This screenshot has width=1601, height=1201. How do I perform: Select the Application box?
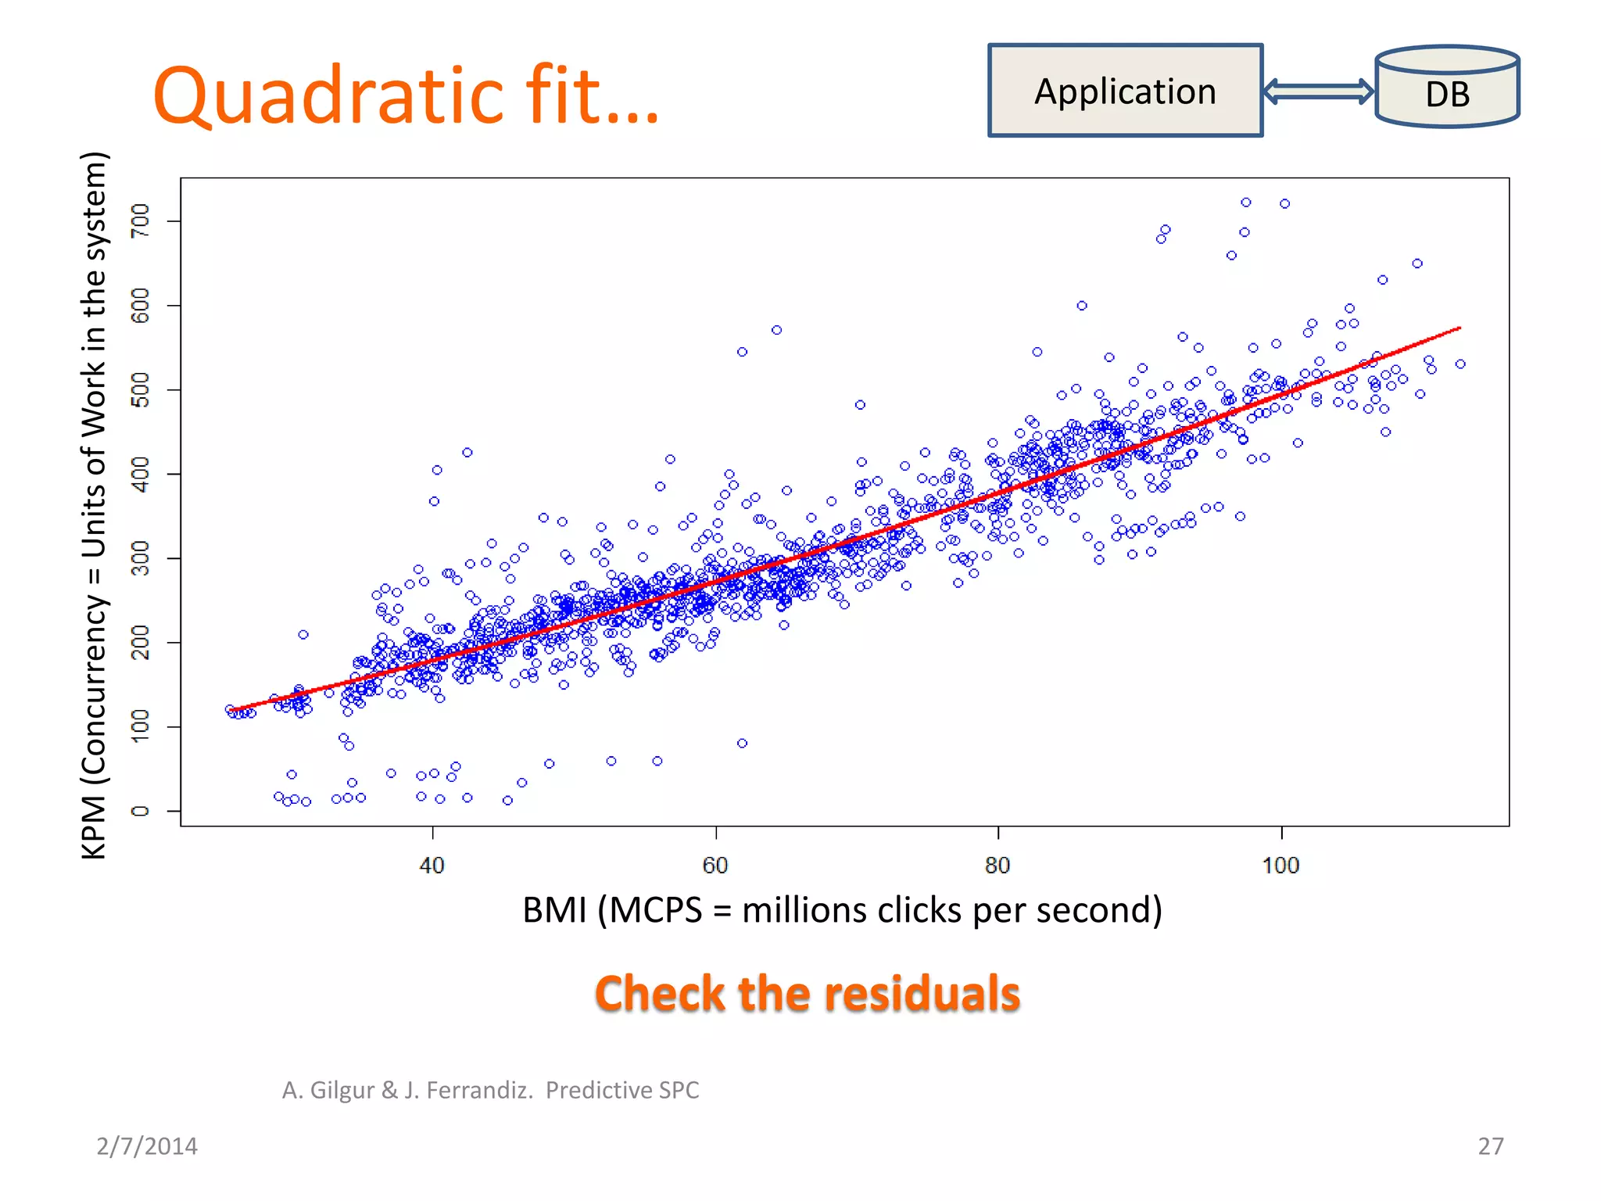point(1125,91)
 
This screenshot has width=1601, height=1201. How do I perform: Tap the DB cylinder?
point(1447,88)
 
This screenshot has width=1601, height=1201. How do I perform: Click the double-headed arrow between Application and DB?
point(1318,91)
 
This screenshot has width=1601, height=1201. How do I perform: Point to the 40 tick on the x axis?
point(432,865)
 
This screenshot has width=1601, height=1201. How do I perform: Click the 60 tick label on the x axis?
point(715,865)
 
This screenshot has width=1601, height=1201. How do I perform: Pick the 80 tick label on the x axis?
point(997,865)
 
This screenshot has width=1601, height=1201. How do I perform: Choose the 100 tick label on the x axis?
point(1280,865)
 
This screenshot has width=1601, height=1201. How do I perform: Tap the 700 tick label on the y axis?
point(141,221)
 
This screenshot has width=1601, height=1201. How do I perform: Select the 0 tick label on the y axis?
point(141,811)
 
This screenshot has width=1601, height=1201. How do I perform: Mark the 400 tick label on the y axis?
point(141,474)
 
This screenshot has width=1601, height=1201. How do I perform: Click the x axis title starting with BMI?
point(842,910)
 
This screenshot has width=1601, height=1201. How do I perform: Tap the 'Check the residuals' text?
point(808,994)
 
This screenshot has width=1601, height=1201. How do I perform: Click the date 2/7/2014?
point(146,1146)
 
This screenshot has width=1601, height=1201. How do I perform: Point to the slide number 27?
point(1490,1146)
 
